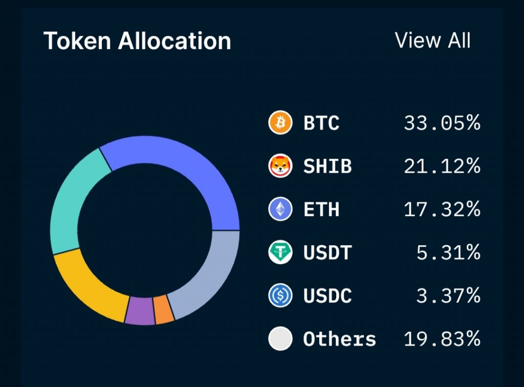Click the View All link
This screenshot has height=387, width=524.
(432, 40)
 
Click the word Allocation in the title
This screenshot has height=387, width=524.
(174, 41)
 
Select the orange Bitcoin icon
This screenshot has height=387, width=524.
(280, 123)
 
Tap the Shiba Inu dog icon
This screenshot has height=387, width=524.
(280, 166)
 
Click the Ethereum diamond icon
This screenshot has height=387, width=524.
(280, 209)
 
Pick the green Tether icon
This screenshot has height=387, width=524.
(280, 252)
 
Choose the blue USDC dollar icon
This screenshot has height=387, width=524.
(280, 295)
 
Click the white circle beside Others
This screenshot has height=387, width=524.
(280, 338)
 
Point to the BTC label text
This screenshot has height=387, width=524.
(321, 123)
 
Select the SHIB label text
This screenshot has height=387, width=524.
(327, 166)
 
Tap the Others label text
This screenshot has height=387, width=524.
(339, 338)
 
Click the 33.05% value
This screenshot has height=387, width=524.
(442, 123)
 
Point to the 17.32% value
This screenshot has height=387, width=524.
(442, 209)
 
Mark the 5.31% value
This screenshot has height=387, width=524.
(448, 252)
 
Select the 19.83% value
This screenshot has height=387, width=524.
(442, 338)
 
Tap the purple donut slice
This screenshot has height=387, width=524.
(140, 311)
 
